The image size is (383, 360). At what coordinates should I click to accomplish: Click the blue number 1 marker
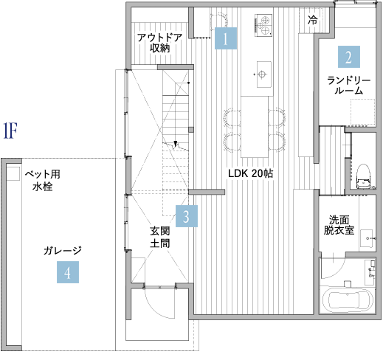(226, 38)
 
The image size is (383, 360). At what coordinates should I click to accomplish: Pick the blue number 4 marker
(67, 273)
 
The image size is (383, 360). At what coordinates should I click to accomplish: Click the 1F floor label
(10, 131)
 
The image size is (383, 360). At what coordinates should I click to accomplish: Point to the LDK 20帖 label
(251, 174)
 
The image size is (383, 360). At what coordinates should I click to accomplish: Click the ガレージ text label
(62, 251)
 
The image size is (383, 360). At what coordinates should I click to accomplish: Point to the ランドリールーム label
(349, 85)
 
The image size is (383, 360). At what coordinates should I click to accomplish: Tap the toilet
(362, 174)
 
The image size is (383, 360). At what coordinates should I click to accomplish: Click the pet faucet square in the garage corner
(13, 172)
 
